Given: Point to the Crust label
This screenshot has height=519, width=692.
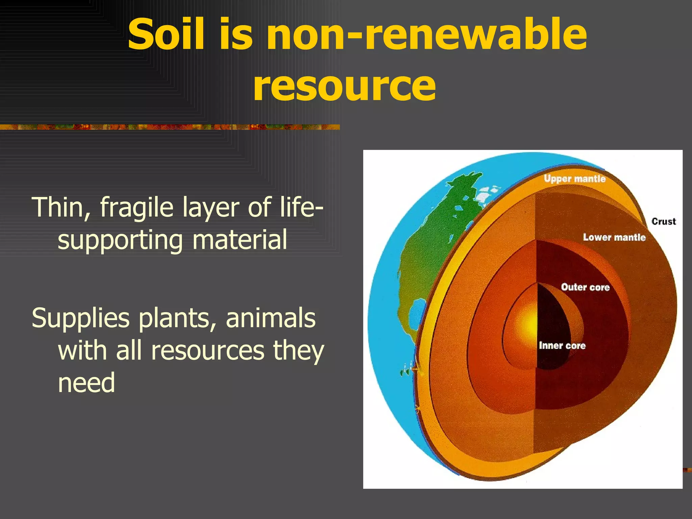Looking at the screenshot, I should coord(664,222).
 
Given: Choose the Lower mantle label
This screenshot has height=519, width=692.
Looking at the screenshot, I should coord(614,238).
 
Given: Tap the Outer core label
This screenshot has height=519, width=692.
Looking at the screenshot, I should coord(585,287).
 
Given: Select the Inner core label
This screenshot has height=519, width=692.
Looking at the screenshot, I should coord(562,346).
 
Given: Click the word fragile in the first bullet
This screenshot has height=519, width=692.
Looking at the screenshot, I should coord(137,207).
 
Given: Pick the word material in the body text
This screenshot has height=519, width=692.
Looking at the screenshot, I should coord(240,240).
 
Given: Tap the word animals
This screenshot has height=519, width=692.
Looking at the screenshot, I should coord(271,318).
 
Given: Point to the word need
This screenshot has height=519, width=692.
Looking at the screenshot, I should coord(86,383).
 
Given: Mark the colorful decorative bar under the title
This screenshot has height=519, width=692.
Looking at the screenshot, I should coord(169,127).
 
